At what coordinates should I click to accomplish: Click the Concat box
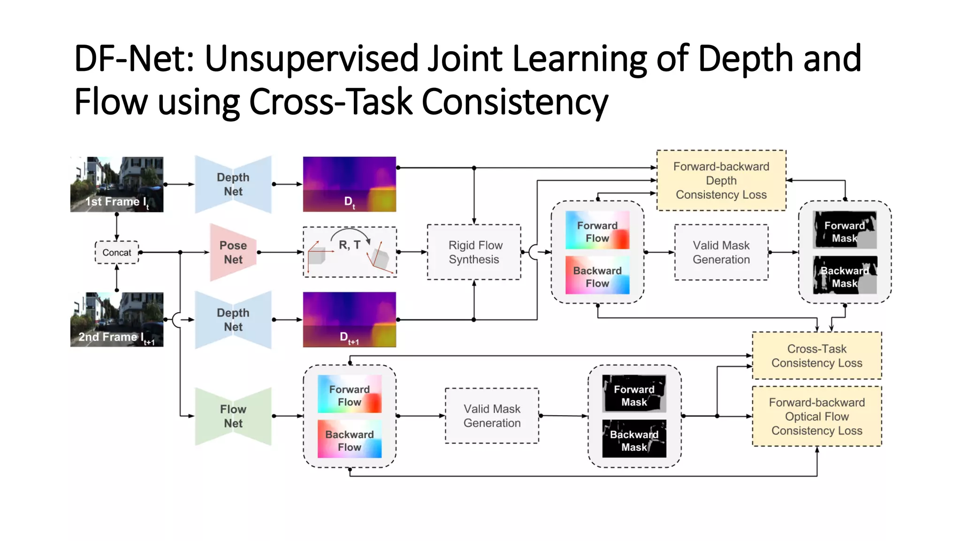tap(117, 252)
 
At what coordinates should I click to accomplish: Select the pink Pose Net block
tap(233, 252)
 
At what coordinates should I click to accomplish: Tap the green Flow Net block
tap(233, 416)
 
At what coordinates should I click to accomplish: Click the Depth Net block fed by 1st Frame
tap(233, 184)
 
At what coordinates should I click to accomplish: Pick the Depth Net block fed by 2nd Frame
tap(233, 319)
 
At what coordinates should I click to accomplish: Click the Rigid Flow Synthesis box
tap(474, 252)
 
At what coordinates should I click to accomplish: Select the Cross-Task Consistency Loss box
tap(816, 356)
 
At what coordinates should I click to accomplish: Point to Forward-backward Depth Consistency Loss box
tap(721, 180)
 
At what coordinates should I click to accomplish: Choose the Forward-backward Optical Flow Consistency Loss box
tap(816, 416)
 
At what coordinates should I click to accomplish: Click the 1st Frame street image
tap(117, 184)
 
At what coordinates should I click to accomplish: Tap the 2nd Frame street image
tap(117, 319)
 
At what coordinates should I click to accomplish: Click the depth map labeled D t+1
tap(350, 319)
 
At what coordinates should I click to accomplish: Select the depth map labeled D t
tap(350, 184)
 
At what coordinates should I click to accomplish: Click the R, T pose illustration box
tap(350, 252)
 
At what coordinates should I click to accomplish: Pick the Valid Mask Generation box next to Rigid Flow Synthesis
tap(721, 252)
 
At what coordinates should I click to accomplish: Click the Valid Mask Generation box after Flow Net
tap(492, 416)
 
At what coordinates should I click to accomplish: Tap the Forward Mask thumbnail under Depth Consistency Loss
tap(845, 230)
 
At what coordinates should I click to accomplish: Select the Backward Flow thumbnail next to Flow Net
tap(350, 439)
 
